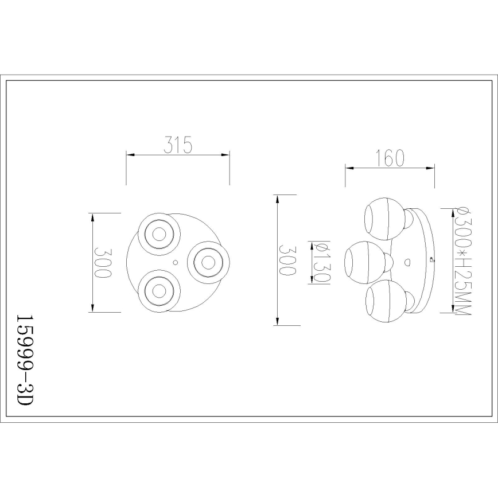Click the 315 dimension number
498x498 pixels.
click(177, 145)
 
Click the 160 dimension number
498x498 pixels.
click(390, 158)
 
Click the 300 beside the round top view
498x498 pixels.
click(103, 263)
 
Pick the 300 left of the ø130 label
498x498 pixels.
click(287, 261)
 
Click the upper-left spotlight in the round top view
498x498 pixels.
click(158, 233)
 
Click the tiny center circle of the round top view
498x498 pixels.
click(176, 262)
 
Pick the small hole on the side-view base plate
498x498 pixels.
click(407, 262)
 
